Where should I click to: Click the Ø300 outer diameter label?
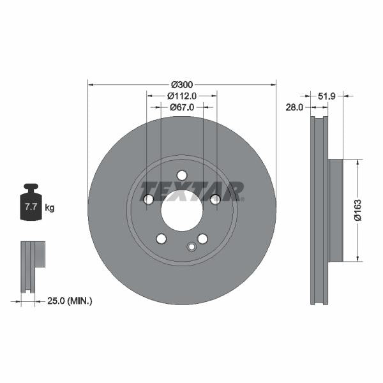point(182,84)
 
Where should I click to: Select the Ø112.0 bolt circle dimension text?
point(181,96)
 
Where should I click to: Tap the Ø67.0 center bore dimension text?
point(182,107)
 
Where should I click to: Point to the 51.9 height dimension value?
point(327,96)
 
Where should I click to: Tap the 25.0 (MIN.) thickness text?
point(70,300)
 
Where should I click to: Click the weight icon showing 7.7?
point(30,204)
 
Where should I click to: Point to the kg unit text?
point(50,207)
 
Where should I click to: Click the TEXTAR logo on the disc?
point(192,191)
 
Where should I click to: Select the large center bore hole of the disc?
point(182,211)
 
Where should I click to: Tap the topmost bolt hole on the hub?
point(182,176)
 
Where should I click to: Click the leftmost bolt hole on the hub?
point(149,200)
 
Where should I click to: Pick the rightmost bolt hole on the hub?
point(215,200)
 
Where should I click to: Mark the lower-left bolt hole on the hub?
point(161,239)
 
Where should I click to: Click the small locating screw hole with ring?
point(190,247)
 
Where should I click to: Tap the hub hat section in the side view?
point(336,210)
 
